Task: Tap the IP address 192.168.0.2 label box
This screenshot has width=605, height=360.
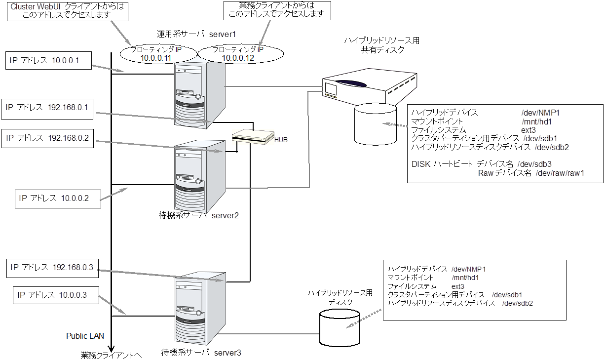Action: tap(47, 139)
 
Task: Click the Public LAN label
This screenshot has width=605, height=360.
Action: tap(85, 336)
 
